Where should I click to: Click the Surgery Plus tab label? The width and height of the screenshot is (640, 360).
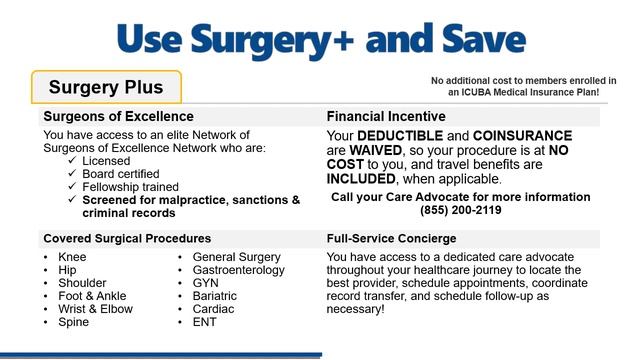coord(106,88)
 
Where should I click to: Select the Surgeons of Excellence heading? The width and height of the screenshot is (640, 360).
coord(118,116)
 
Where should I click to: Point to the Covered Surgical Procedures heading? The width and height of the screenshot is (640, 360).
coord(126,239)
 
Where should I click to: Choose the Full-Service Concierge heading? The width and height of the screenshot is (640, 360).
coord(391,239)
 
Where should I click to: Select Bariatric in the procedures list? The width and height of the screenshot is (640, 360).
coord(215,296)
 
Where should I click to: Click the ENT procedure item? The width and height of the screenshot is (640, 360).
coord(205,322)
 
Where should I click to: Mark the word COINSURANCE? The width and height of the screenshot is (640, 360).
coord(523,136)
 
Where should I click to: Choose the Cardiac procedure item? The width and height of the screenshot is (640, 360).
coord(213,309)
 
